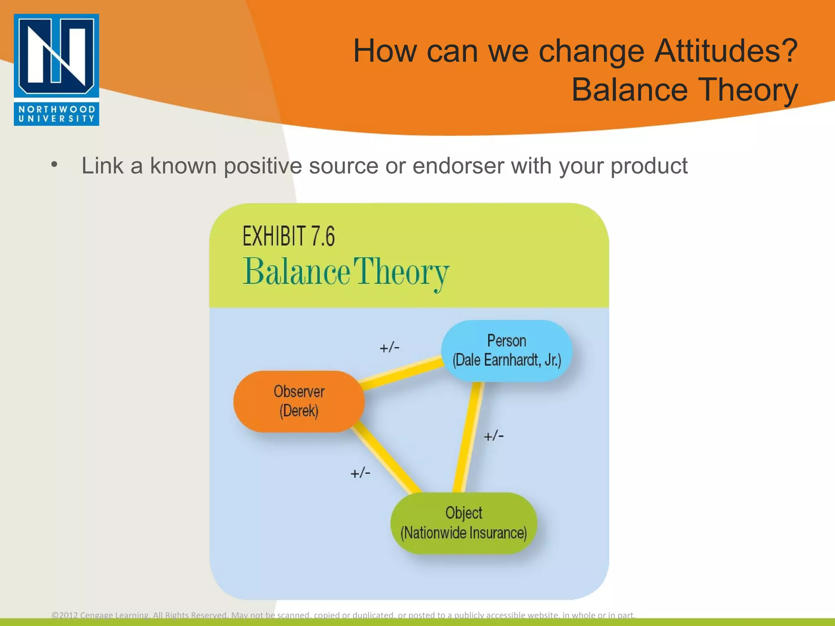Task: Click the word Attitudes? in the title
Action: (x=726, y=51)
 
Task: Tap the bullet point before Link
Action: (x=54, y=165)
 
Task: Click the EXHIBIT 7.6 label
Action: (x=289, y=236)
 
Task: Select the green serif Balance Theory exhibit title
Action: (x=346, y=272)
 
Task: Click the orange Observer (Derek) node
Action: (x=299, y=401)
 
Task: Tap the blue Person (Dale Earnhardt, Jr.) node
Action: (x=506, y=350)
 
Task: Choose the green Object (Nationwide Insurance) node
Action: (x=464, y=523)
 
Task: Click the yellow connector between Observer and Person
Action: (x=402, y=373)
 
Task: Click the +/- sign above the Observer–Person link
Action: (x=389, y=348)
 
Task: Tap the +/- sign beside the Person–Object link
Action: (x=493, y=436)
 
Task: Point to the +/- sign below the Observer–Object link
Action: (x=360, y=473)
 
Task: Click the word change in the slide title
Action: (x=591, y=51)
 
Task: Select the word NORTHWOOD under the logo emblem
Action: (x=57, y=109)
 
